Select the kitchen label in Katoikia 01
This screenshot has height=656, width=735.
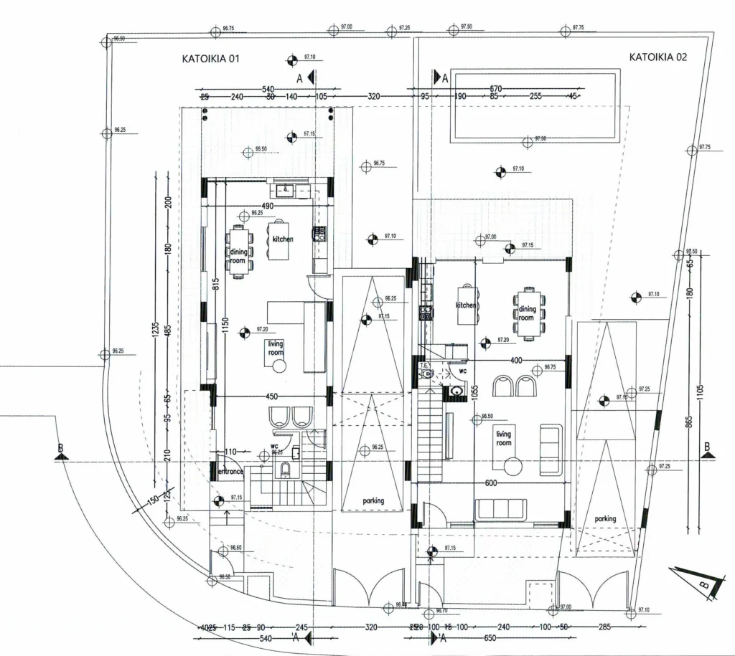tap(283, 239)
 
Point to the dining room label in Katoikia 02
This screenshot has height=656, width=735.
tap(527, 313)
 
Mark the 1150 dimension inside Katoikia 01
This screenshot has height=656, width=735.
tap(224, 326)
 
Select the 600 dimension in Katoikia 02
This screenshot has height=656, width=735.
tap(491, 483)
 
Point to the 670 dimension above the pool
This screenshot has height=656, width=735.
tap(495, 88)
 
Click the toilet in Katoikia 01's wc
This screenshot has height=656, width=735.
tap(285, 470)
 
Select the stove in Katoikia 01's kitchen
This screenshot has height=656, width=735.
tap(319, 233)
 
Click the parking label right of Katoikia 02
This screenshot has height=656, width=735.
tap(605, 518)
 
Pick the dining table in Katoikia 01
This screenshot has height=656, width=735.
tap(238, 251)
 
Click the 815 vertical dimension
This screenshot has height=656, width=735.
tap(215, 282)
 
